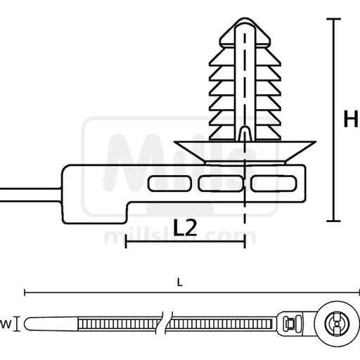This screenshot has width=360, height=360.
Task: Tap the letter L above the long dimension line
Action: tap(181, 283)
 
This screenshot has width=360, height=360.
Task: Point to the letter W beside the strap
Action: tap(4, 324)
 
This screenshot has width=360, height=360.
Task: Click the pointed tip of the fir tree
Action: tap(241, 17)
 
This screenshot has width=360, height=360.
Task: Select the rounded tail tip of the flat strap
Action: tap(27, 325)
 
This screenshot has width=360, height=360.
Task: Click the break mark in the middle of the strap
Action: tap(165, 324)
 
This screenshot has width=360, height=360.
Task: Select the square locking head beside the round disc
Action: tap(289, 323)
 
